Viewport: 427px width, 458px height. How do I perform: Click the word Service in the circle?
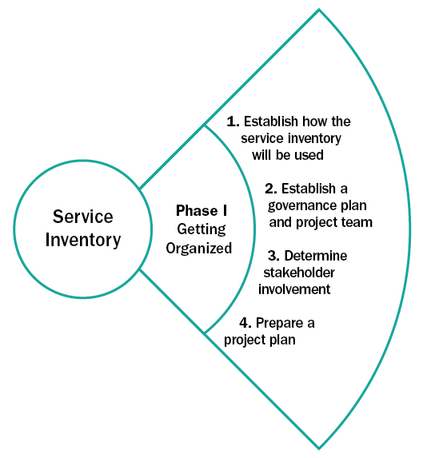(82, 217)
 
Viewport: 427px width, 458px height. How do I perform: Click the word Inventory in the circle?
(82, 239)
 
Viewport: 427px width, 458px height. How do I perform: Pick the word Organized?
(198, 248)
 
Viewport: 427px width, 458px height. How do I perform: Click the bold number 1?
(233, 121)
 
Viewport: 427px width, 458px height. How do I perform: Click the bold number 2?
(270, 189)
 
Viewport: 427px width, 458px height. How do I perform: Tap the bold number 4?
(246, 323)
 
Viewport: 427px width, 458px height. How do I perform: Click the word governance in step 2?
(294, 205)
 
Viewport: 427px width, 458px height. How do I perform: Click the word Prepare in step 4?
(280, 323)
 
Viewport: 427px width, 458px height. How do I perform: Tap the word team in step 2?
(358, 222)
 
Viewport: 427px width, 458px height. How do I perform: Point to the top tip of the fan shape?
(318, 10)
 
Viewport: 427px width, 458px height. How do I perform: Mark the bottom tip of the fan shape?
(318, 448)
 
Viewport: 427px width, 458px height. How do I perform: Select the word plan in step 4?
(284, 340)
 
